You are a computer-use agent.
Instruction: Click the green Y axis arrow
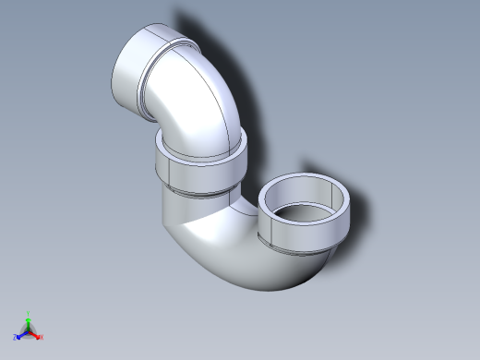point(29,320)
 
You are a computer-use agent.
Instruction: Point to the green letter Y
point(29,313)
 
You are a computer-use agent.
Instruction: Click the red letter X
point(42,338)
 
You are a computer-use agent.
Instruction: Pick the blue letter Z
point(16,337)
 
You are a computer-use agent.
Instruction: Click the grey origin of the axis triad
point(29,330)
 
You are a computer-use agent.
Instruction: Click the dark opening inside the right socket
point(305,213)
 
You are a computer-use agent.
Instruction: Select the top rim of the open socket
point(306,184)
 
